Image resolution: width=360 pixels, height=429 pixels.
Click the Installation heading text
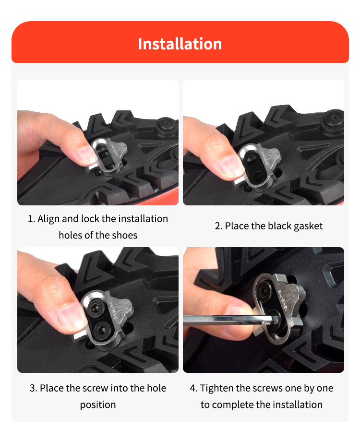pos(180,44)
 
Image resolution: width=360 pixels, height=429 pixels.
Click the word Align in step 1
pos(48,219)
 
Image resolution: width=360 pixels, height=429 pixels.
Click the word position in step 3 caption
pos(98,404)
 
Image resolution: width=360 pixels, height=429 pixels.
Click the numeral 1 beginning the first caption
pos(30,219)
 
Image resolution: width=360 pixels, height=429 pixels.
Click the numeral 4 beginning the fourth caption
pos(193,388)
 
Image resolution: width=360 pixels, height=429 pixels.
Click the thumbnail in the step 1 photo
pos(87,155)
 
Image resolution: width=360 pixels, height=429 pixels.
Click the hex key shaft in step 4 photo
pos(221,319)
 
